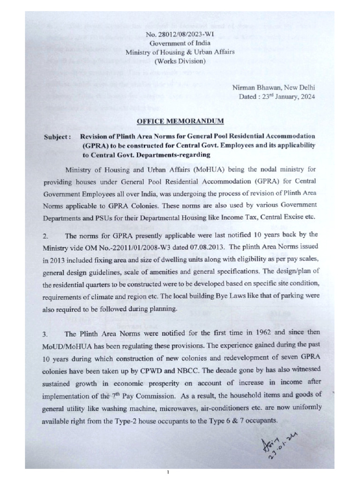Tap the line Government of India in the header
[x=180, y=43]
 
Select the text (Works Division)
[x=180, y=61]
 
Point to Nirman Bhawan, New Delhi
[x=274, y=88]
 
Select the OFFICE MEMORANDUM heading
[x=180, y=121]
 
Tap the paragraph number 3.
[x=46, y=334]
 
